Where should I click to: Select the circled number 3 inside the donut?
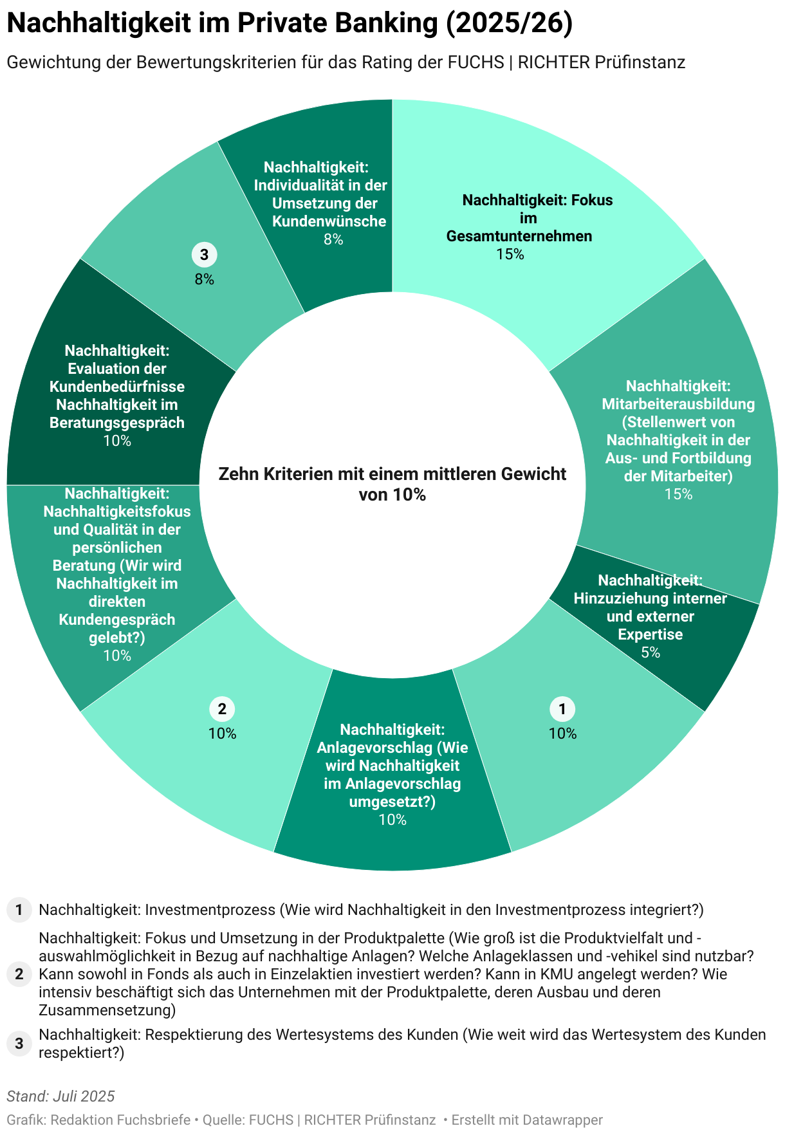205,255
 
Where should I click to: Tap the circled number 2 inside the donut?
222,709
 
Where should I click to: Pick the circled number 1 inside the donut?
562,709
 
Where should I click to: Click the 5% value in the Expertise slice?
651,652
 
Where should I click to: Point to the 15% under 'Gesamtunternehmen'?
510,254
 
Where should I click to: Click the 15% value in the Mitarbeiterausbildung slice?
678,494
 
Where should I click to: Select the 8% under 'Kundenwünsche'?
333,239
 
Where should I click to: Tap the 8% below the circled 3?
205,279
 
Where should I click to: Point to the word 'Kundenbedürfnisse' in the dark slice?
117,387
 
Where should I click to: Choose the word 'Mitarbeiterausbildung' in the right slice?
678,404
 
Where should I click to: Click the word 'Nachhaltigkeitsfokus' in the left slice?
117,512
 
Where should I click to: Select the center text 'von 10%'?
392,495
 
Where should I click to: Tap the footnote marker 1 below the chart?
19,910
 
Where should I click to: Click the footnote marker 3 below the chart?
19,1044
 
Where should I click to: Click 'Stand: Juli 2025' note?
60,1096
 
